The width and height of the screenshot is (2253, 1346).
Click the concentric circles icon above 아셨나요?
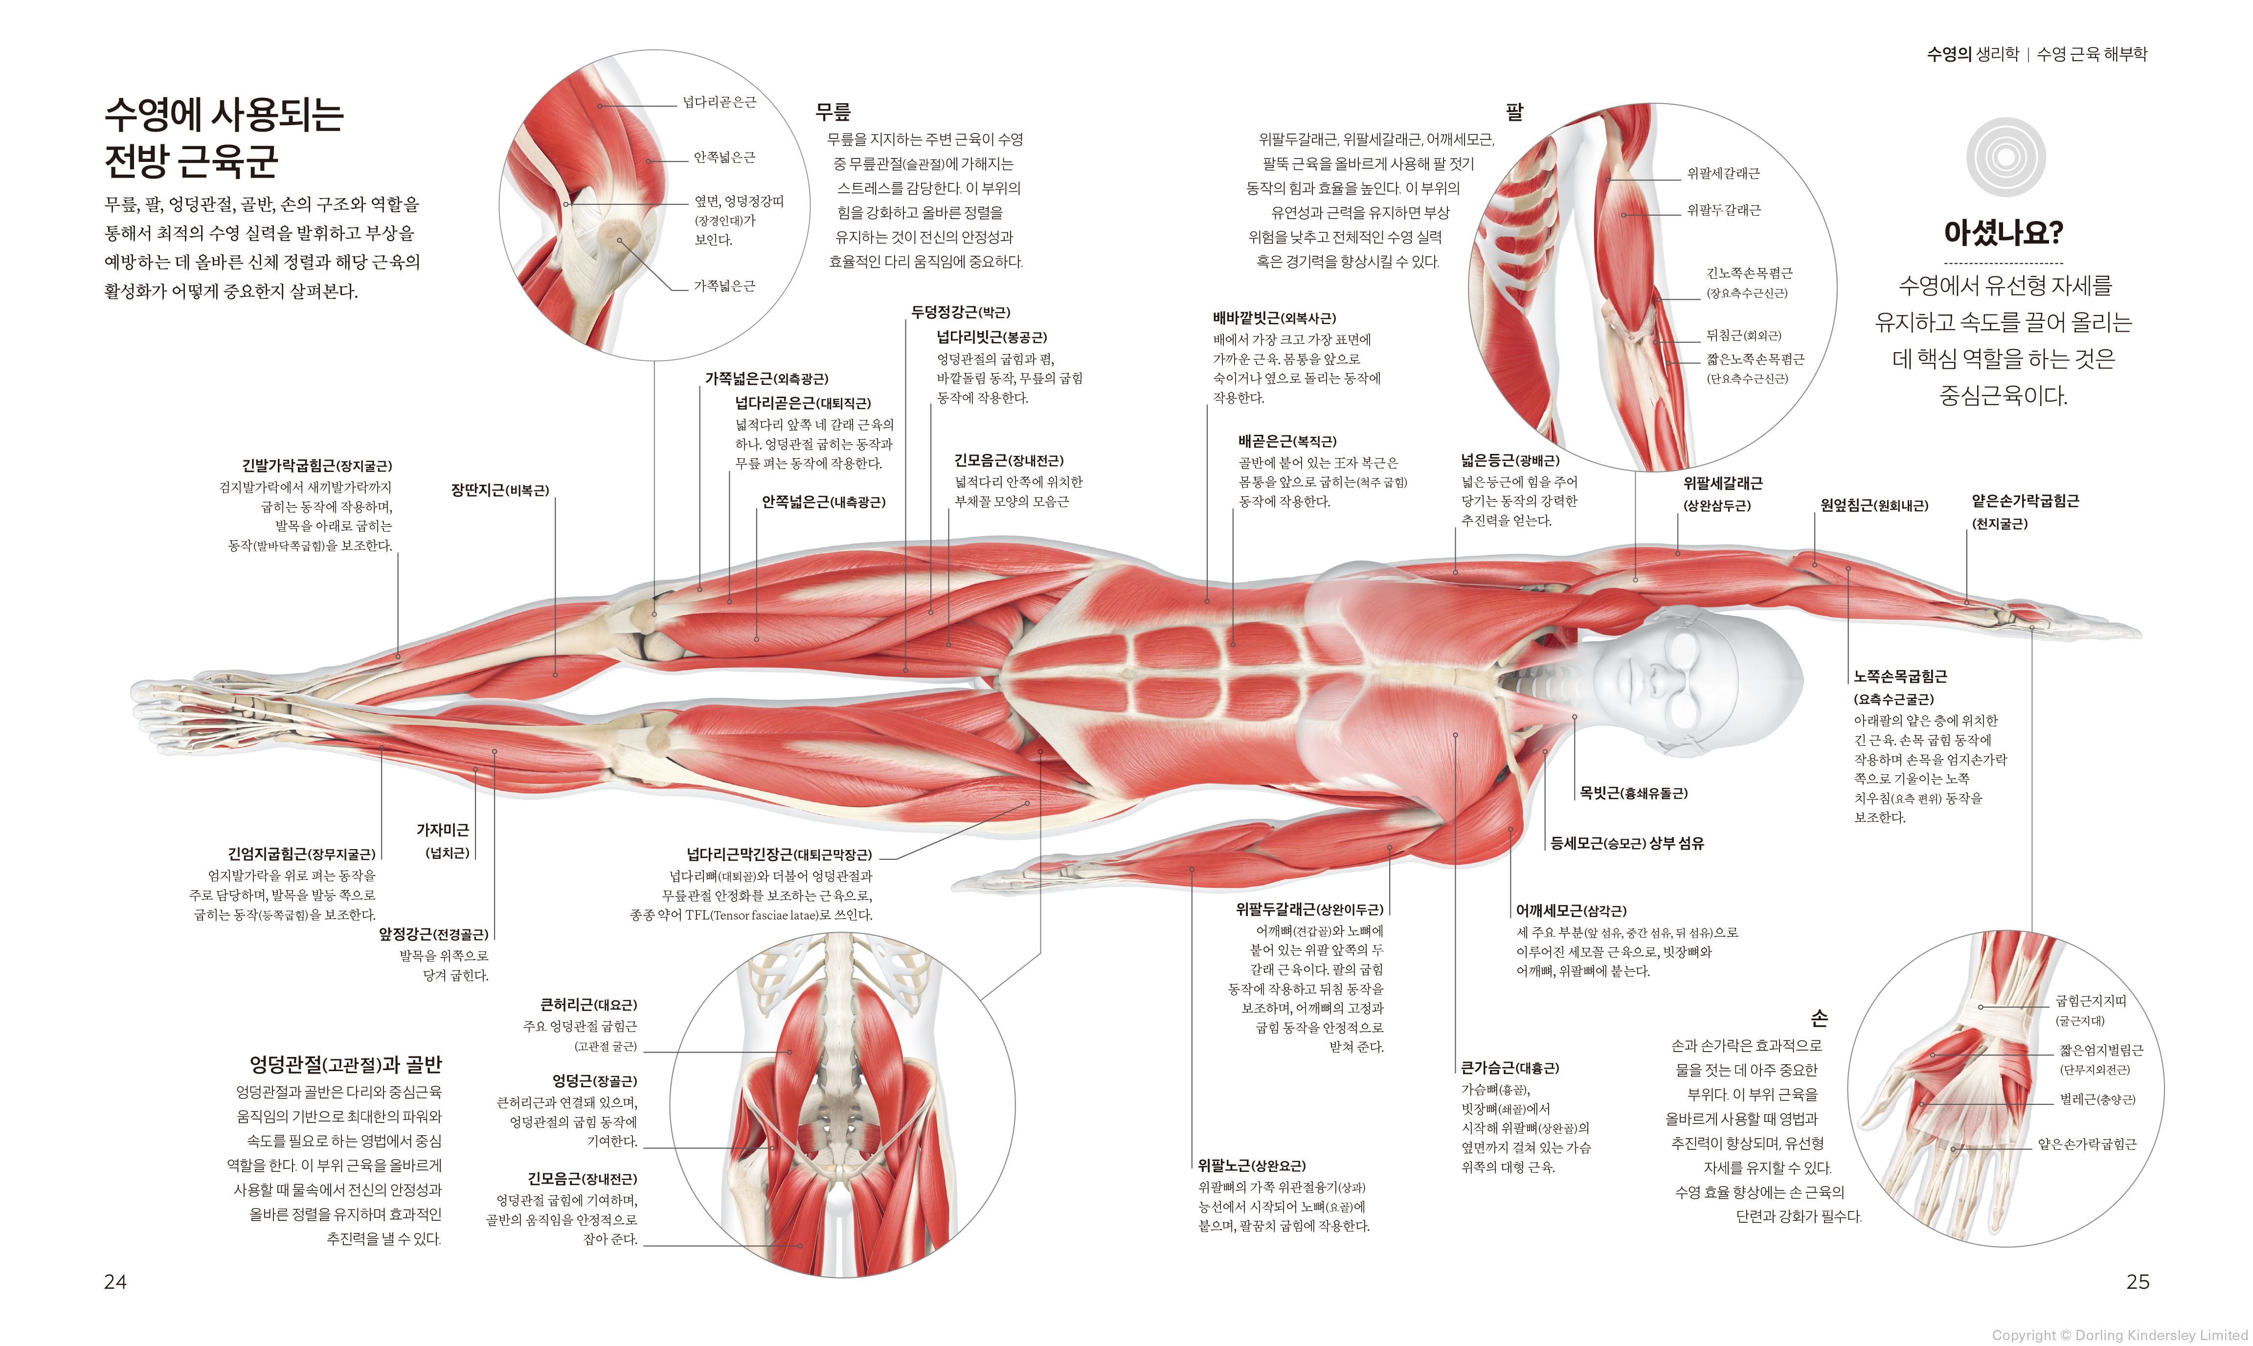pyautogui.click(x=2005, y=157)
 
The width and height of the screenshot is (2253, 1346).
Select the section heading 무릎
pyautogui.click(x=833, y=112)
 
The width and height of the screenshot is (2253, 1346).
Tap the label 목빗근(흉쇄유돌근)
pyautogui.click(x=1633, y=793)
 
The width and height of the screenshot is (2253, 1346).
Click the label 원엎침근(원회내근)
pyautogui.click(x=1874, y=505)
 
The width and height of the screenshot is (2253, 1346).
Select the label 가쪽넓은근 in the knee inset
pyautogui.click(x=724, y=286)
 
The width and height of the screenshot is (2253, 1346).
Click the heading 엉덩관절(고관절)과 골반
pyautogui.click(x=345, y=1064)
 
